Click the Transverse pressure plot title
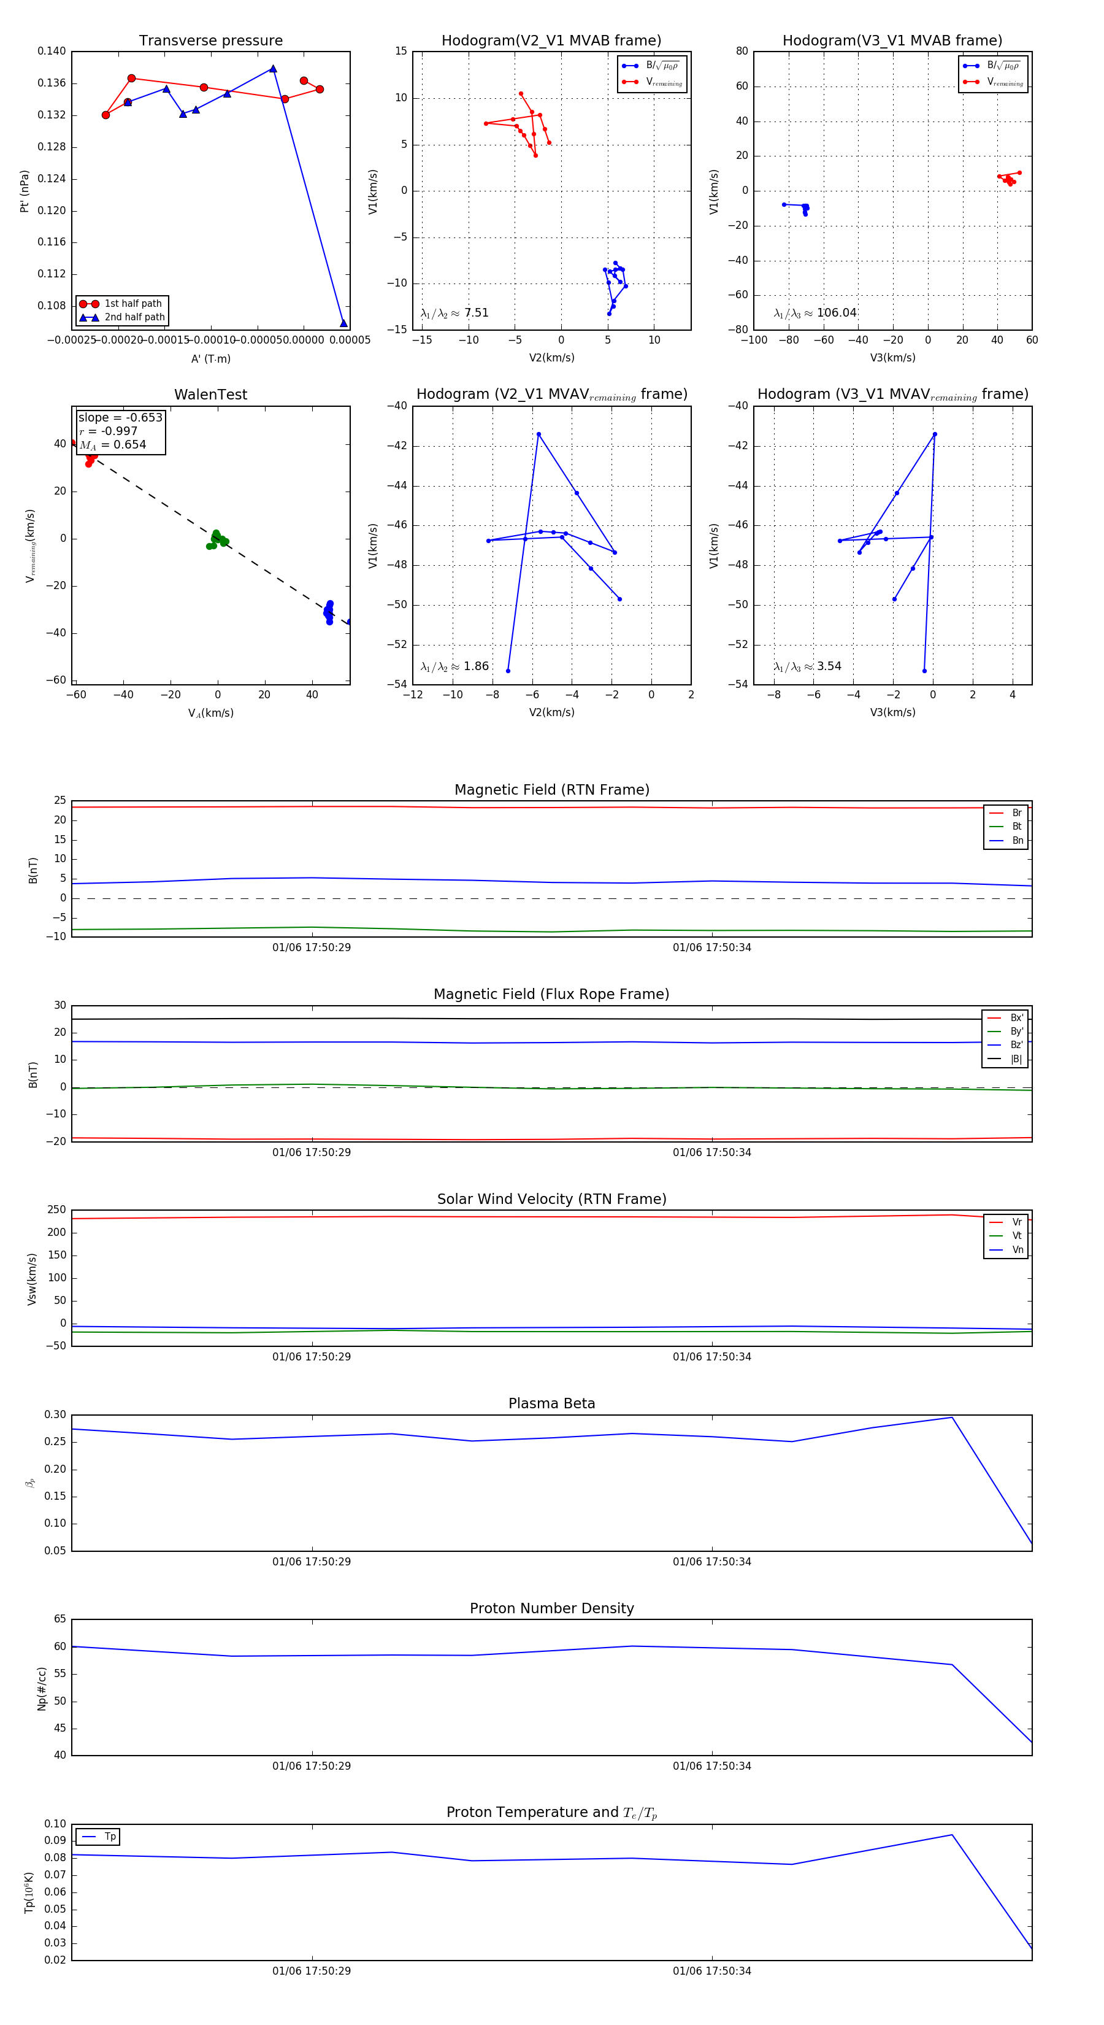210,41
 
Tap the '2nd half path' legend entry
134,318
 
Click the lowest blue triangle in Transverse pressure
343,323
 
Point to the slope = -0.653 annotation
120,417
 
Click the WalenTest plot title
210,395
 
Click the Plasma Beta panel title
551,1403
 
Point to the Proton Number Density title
551,1608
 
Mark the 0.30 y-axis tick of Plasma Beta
55,1415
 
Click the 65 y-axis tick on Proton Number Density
59,1619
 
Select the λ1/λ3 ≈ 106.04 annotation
815,313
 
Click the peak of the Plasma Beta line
951,1417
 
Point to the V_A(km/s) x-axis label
210,713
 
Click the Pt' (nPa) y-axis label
25,191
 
